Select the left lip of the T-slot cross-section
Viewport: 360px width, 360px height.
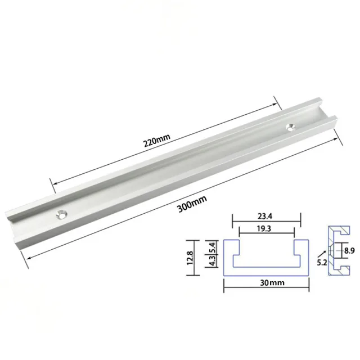232,244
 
